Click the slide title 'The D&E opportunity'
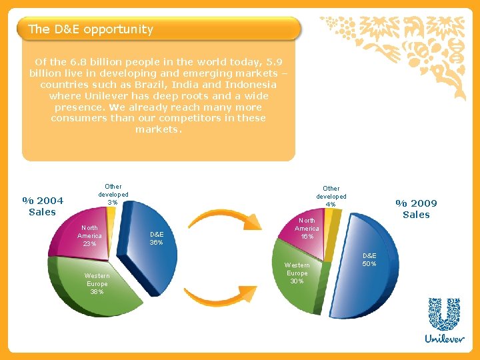[91, 29]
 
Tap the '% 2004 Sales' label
[43, 206]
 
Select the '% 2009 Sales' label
[416, 209]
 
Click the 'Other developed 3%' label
[113, 194]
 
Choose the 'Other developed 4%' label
[331, 196]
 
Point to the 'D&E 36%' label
[157, 238]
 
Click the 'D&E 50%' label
[369, 259]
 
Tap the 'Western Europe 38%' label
[97, 283]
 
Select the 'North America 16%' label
[307, 228]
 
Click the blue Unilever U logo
[444, 314]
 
